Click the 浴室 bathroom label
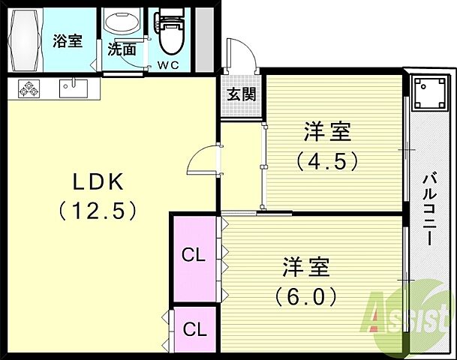(x=68, y=41)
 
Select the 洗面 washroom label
(x=122, y=50)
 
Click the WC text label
(x=167, y=64)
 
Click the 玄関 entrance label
(x=242, y=94)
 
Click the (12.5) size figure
(x=98, y=210)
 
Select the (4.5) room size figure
(x=327, y=161)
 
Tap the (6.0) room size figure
(x=306, y=297)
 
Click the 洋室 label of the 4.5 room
(x=328, y=132)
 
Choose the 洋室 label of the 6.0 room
(x=306, y=268)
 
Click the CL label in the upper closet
(x=194, y=256)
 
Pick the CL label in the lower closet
(x=194, y=328)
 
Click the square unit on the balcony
(x=428, y=94)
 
